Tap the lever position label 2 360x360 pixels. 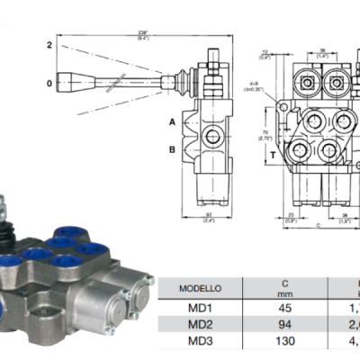coord(50,44)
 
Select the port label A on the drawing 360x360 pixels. coord(172,120)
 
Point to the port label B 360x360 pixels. coord(172,150)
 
